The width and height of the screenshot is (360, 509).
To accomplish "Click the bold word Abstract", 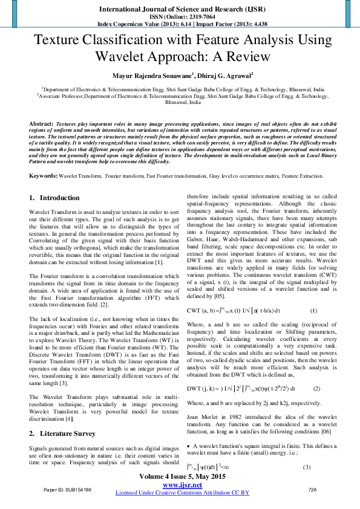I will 41,123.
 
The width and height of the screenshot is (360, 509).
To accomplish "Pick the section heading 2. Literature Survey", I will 62,433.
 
